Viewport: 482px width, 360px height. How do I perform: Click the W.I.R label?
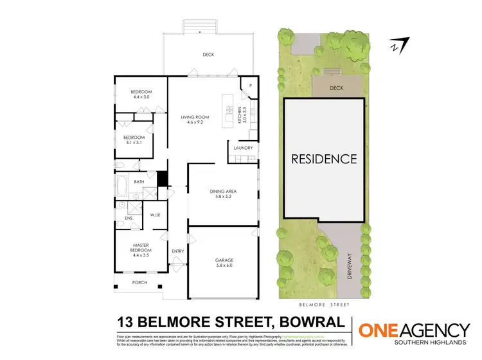coord(155,215)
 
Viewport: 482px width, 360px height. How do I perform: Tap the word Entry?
coord(178,251)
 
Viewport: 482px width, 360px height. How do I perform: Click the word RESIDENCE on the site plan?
coord(324,158)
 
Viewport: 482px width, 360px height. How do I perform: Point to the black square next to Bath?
coord(162,179)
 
